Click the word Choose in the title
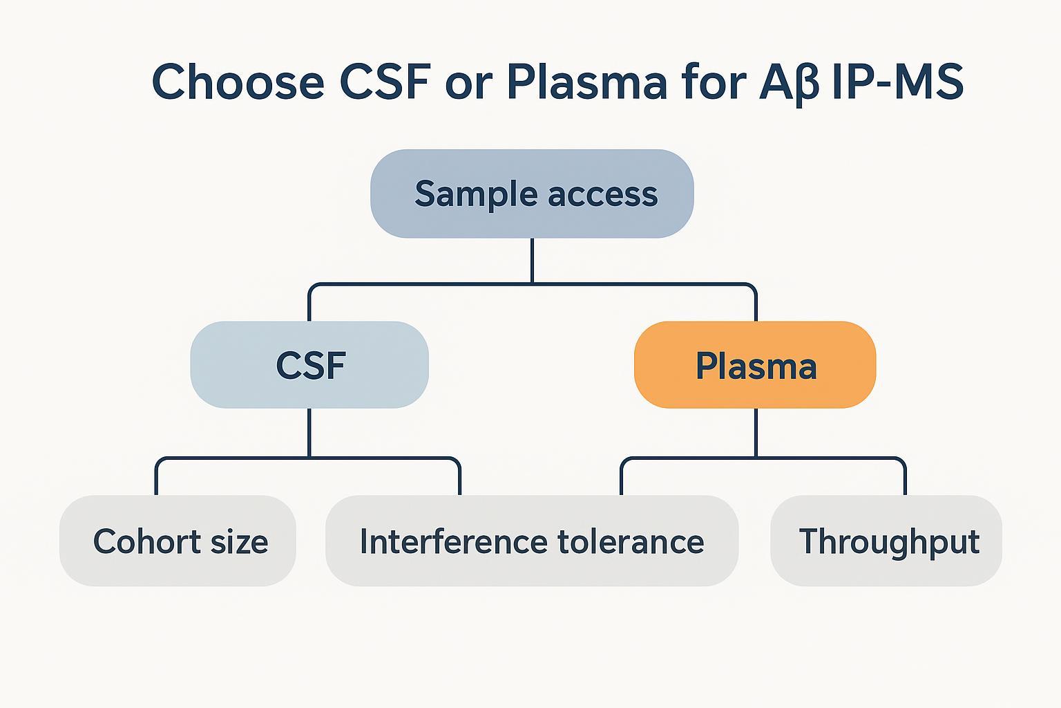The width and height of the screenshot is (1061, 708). (238, 82)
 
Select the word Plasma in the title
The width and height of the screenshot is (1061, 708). (586, 82)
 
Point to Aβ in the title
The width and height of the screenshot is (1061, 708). (788, 82)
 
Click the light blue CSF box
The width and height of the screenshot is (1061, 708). (309, 365)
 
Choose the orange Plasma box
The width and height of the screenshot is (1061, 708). (755, 365)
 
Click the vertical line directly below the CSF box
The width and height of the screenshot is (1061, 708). (309, 432)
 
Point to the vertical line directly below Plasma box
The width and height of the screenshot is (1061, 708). (756, 432)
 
